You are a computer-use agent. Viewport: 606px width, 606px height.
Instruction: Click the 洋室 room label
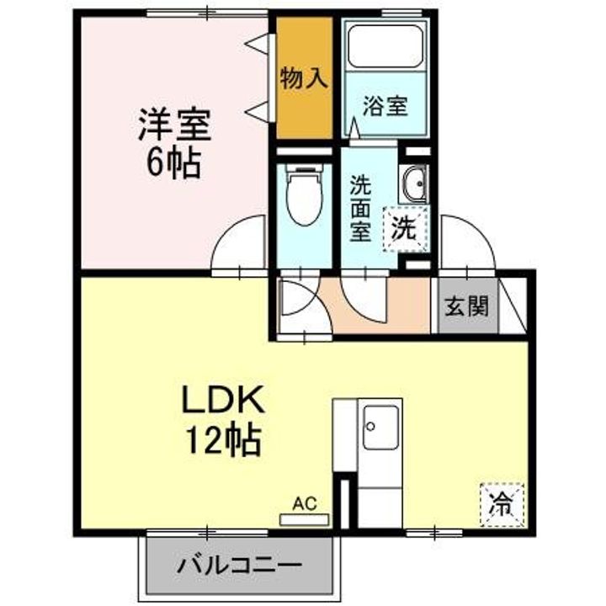coord(175,127)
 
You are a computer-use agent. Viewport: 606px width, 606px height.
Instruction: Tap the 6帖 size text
coord(174,162)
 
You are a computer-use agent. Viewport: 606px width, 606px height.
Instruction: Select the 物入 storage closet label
coord(303,80)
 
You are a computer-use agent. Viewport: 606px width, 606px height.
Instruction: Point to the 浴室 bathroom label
coord(386,107)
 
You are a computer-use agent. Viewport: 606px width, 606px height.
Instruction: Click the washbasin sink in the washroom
coord(414,183)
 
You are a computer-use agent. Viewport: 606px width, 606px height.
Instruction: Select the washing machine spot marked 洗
coord(406,228)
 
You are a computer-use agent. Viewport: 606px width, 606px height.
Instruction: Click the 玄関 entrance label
coord(465,306)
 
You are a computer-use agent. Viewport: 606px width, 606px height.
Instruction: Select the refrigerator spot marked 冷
coord(502,504)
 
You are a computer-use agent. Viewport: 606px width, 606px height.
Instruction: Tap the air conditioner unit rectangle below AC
coord(304,519)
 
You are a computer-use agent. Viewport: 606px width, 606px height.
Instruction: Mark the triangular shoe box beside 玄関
coord(513,304)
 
